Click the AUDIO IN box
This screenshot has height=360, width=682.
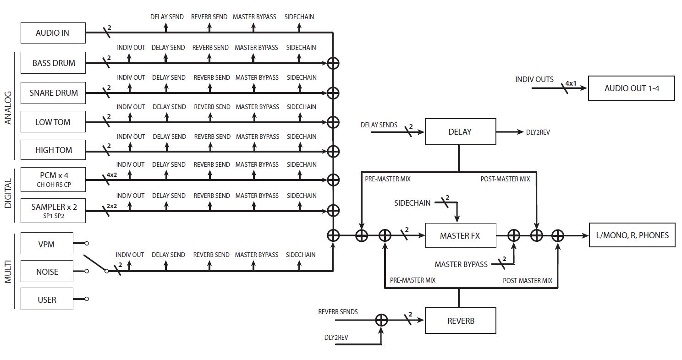[x=53, y=33]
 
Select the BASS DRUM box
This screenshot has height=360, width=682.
[x=53, y=63]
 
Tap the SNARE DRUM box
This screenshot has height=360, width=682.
[x=53, y=93]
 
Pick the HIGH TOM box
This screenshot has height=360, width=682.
[x=53, y=150]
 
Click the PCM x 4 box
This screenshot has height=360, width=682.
[x=53, y=179]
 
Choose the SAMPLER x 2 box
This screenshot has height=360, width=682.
[x=53, y=210]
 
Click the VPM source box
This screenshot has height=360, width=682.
[x=47, y=244]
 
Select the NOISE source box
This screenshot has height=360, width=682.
[x=47, y=272]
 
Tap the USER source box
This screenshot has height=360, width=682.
[x=47, y=300]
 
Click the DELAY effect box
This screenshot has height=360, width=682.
[x=460, y=132]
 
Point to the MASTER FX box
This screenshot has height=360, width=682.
[x=460, y=236]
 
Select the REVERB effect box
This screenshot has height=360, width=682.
[x=460, y=321]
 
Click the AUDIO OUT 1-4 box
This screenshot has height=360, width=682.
[x=632, y=88]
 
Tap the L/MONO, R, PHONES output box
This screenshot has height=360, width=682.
[x=632, y=235]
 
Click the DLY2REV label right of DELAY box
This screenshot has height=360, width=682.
[x=538, y=132]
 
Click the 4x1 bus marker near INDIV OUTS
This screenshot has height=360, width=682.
[x=571, y=83]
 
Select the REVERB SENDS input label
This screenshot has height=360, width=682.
[x=338, y=312]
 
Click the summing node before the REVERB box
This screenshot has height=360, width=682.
[x=381, y=321]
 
